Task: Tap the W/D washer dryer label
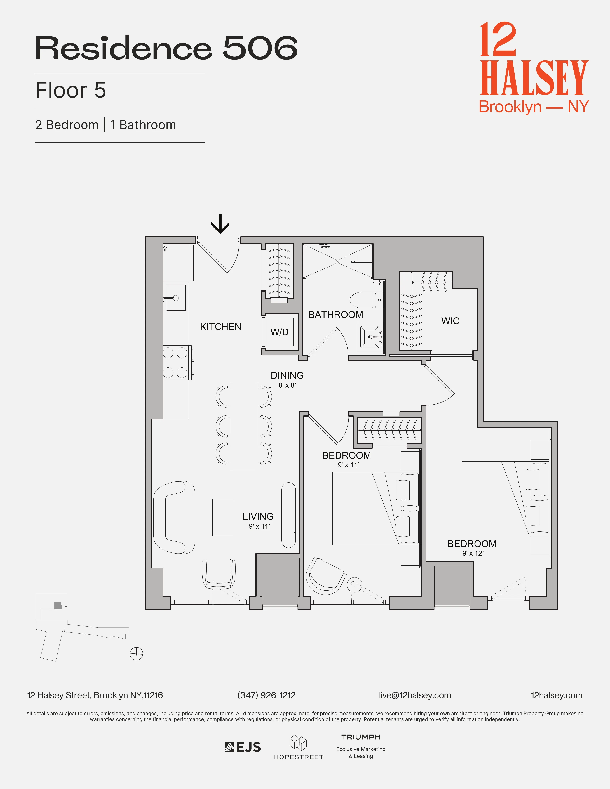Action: point(279,332)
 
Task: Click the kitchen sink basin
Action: point(176,298)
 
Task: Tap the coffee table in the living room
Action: point(222,517)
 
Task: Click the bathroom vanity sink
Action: point(370,337)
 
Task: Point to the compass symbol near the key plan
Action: point(136,653)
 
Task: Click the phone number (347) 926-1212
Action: point(266,695)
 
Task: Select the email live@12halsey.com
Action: point(414,695)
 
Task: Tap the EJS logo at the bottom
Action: point(243,747)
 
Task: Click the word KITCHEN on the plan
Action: point(220,327)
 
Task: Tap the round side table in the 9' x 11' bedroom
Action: point(354,585)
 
